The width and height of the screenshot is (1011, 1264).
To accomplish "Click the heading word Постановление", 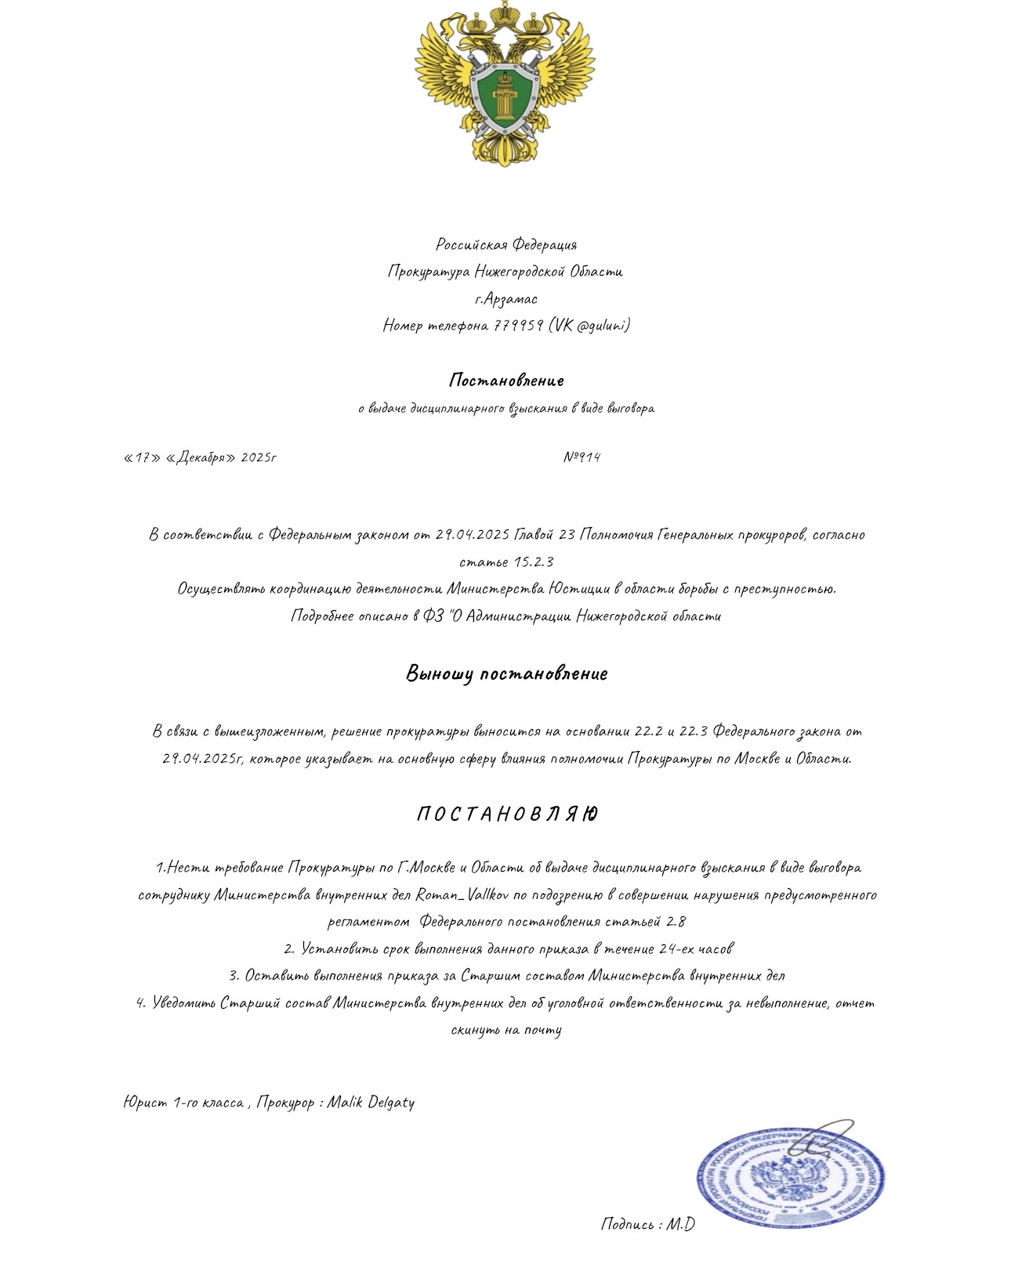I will [506, 381].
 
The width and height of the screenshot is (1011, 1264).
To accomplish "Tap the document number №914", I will [582, 457].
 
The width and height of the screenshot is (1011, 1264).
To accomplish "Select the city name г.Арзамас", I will [506, 298].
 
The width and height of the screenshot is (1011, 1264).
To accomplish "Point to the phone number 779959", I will [518, 325].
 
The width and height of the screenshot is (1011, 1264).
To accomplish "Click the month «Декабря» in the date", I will [201, 457].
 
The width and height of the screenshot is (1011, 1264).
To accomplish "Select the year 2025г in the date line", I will [259, 457].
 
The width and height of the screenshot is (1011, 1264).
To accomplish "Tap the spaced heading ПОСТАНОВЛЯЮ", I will [506, 814].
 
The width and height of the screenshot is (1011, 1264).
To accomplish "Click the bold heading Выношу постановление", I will [506, 674].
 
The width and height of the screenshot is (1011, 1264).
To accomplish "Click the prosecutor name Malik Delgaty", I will [371, 1103].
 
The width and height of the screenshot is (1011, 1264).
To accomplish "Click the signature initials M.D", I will [680, 1224].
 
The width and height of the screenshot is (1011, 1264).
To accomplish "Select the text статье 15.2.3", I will [506, 562].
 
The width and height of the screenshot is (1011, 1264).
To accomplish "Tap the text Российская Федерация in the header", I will [506, 245].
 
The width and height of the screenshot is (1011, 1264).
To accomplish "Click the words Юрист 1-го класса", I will [183, 1103].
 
